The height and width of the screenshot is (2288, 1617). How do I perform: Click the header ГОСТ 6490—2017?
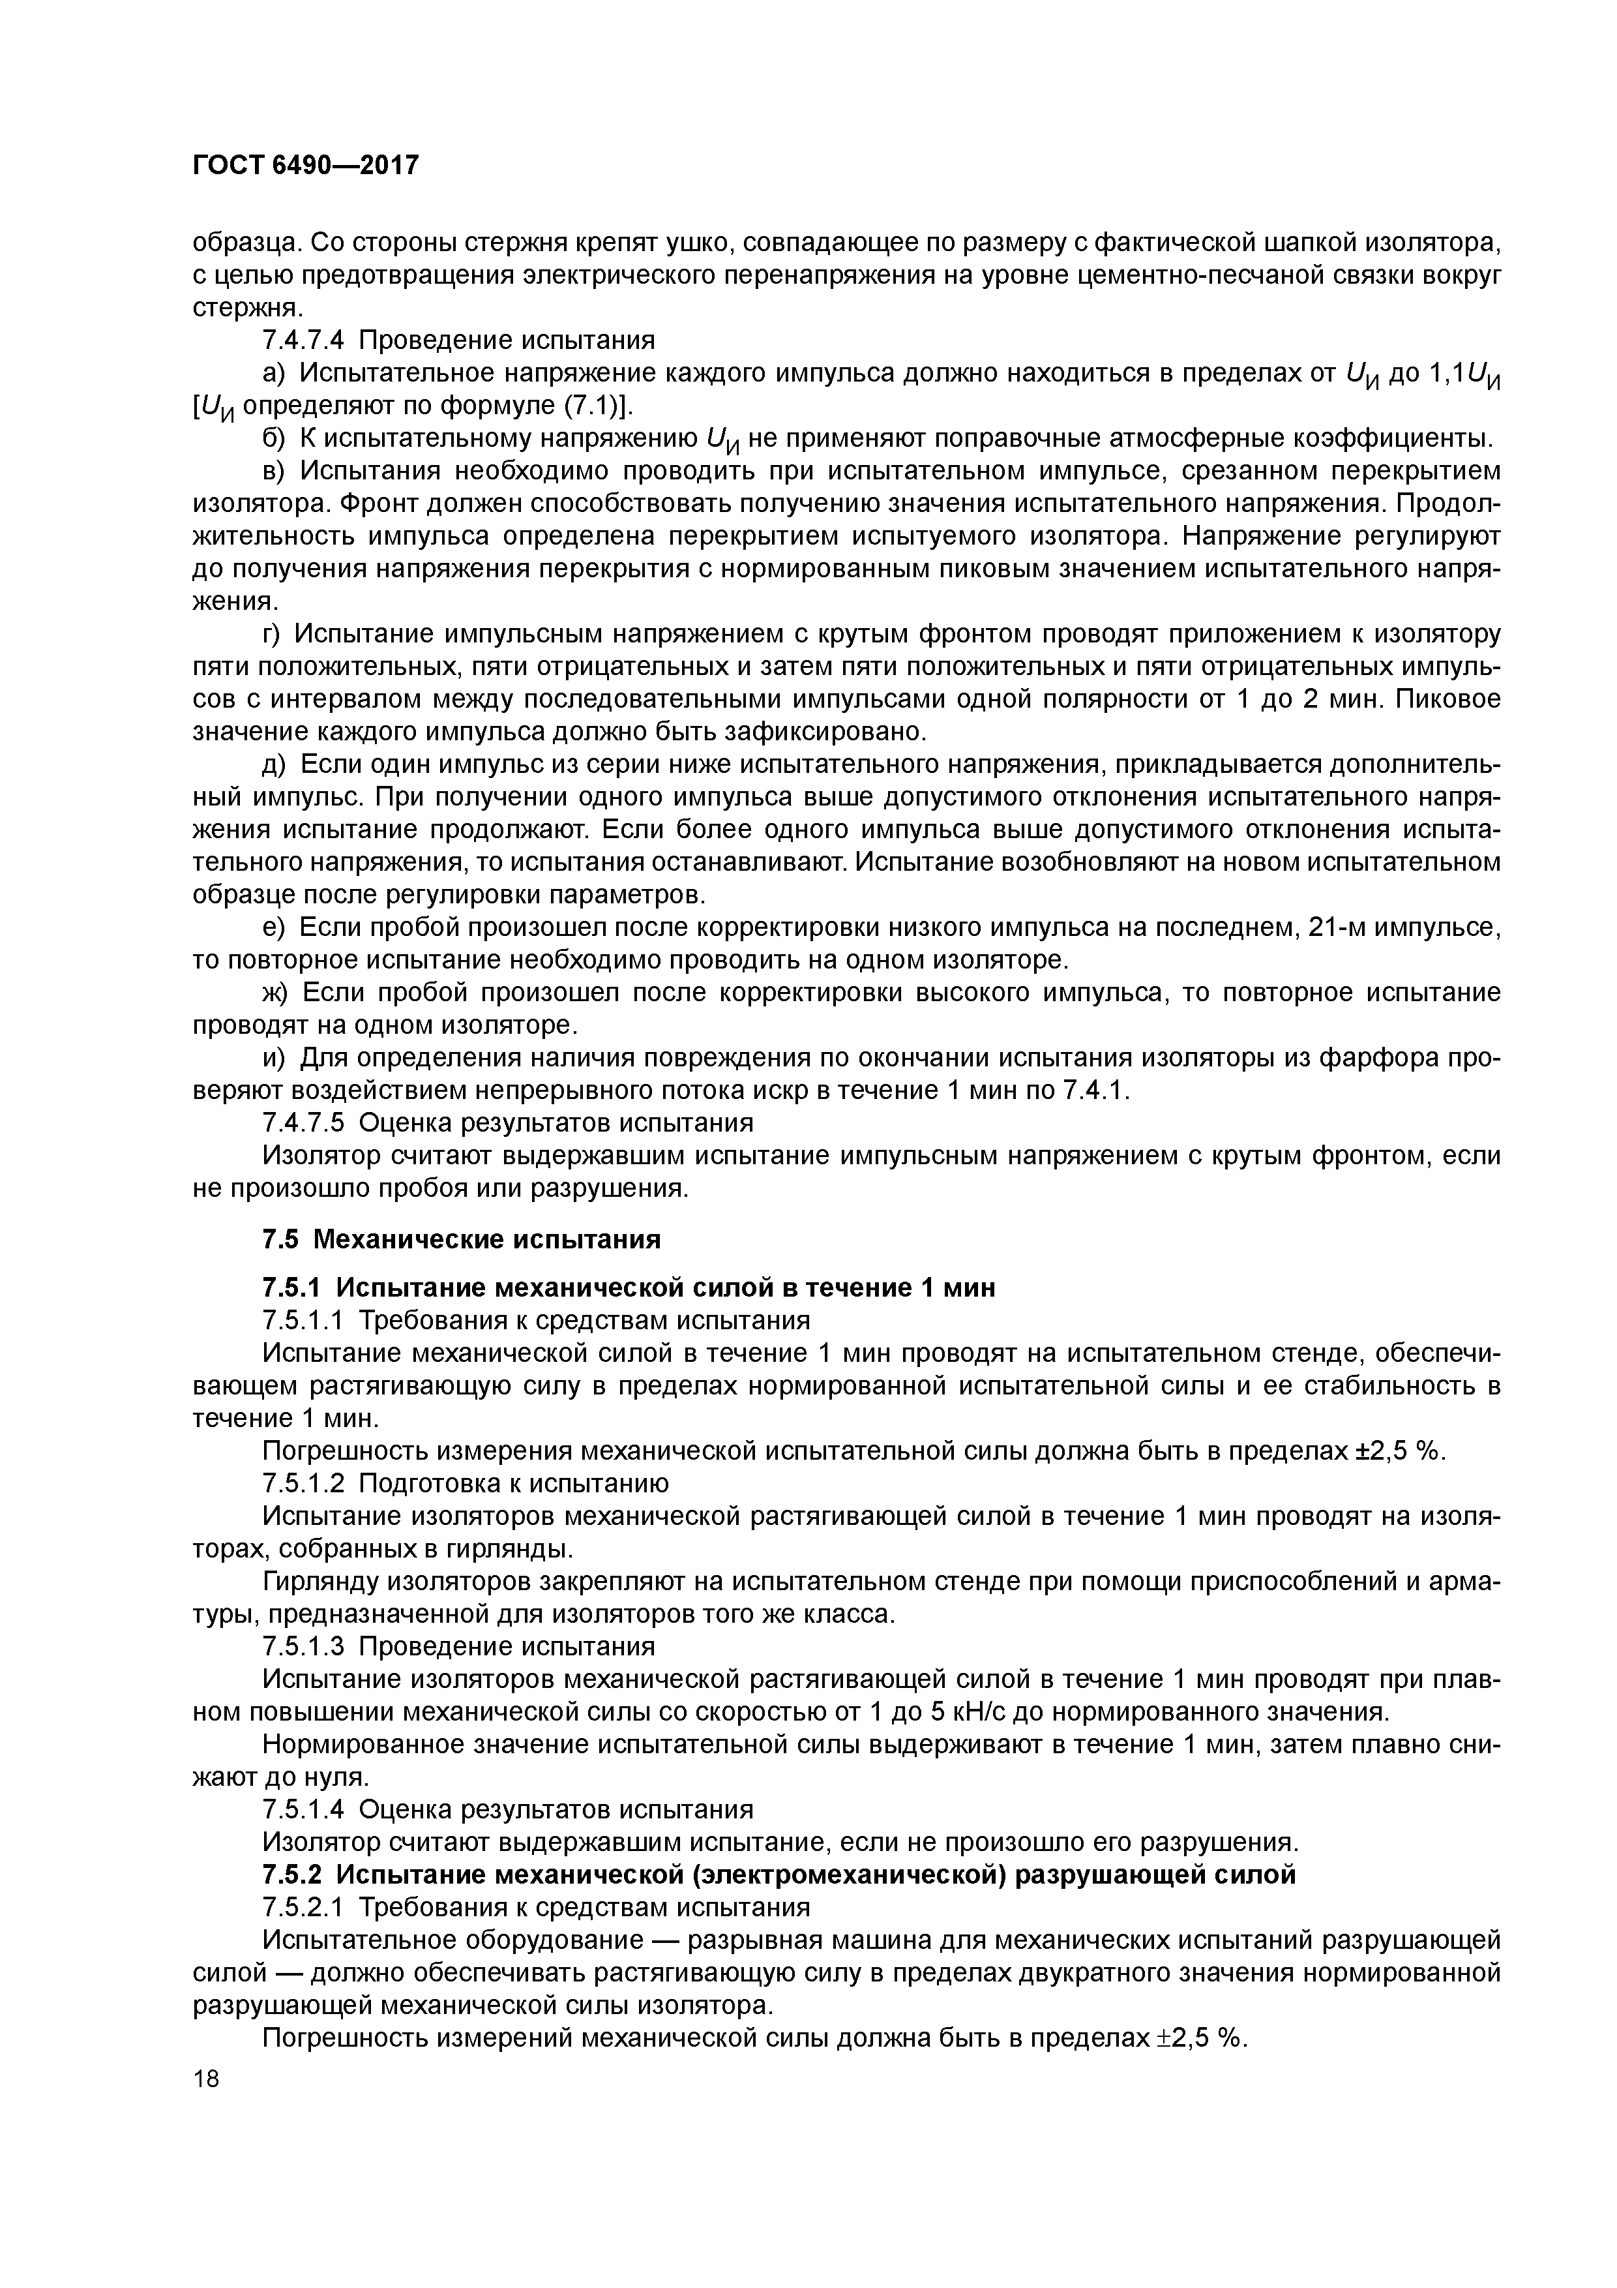coord(305,166)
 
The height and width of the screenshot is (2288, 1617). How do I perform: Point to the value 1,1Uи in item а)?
coord(1464,374)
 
